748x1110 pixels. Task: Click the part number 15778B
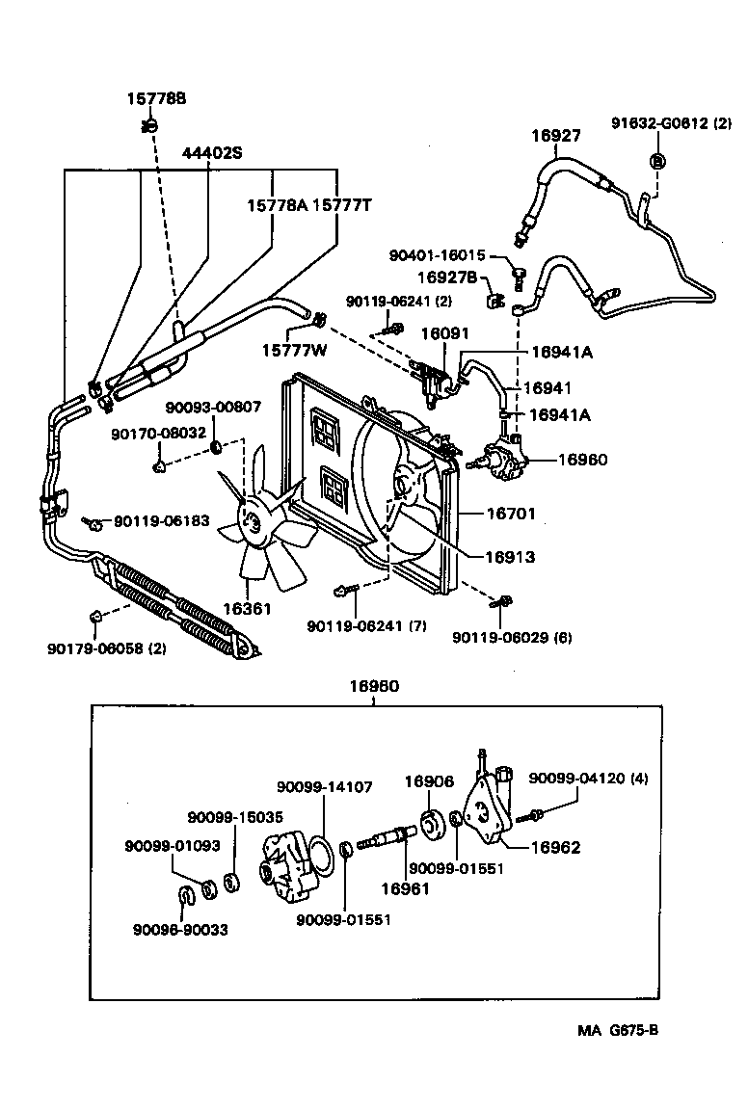156,98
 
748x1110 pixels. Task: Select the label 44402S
213,152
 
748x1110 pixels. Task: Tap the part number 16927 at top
556,136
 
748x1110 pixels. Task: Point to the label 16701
510,515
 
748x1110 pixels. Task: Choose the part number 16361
247,608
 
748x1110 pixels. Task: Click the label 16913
510,557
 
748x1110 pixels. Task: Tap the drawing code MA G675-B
618,1029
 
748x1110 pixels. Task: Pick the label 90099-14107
324,786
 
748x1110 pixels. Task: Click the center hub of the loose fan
254,521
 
